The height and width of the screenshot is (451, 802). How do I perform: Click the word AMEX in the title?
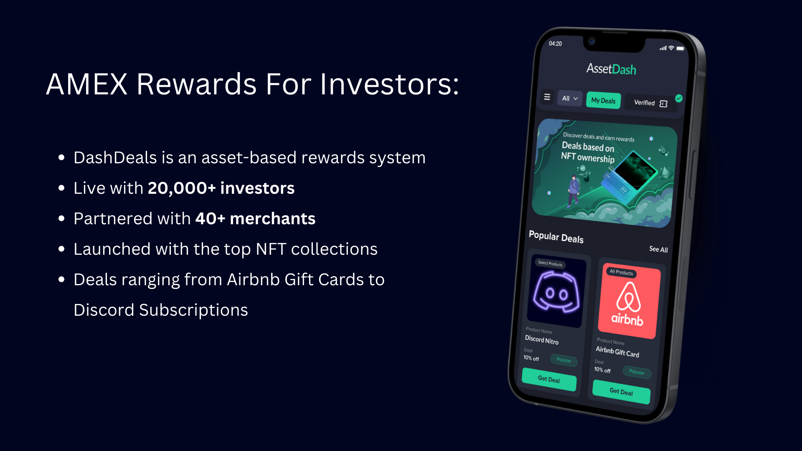tap(86, 84)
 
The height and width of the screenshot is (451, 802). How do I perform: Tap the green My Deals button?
tap(603, 101)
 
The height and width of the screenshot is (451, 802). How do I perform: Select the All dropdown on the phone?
tap(569, 99)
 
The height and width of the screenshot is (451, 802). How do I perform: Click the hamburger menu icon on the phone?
tap(547, 97)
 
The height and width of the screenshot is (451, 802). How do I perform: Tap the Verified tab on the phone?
tap(650, 103)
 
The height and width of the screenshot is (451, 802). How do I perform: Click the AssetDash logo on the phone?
tap(611, 69)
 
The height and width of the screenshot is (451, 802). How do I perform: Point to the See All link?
tap(658, 249)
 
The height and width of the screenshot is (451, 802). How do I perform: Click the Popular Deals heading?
tap(556, 237)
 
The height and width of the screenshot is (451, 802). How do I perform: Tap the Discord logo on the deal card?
tap(556, 292)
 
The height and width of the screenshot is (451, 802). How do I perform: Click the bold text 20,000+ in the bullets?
tap(181, 188)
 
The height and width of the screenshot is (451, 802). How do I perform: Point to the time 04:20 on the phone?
tap(555, 43)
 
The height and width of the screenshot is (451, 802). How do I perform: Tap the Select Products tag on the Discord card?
tap(550, 264)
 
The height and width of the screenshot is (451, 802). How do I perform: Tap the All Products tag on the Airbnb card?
tap(621, 272)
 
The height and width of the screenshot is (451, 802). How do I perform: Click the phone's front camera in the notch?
tap(591, 41)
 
